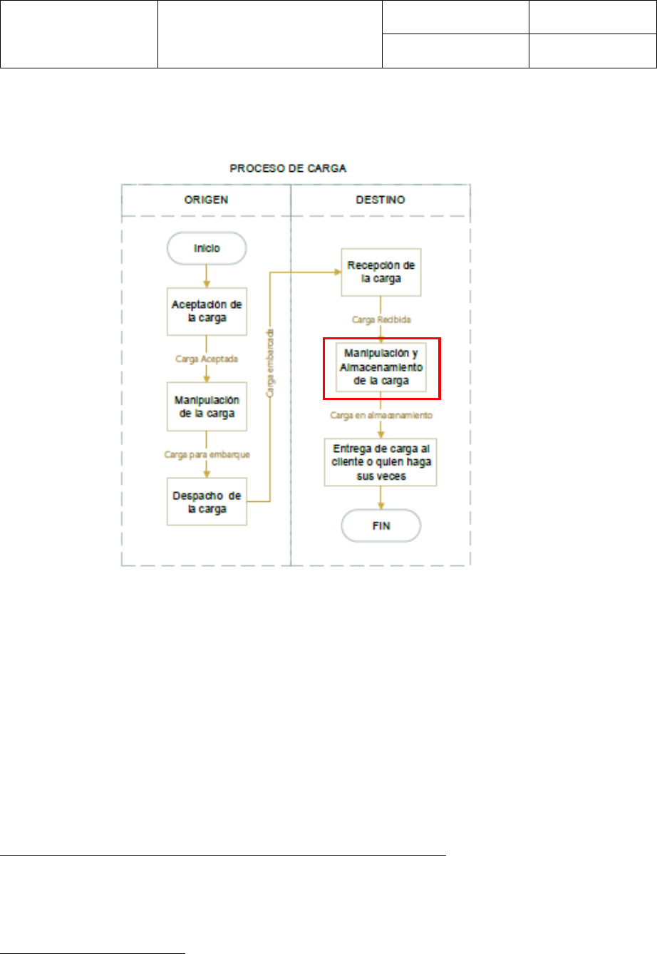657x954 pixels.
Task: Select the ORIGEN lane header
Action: [206, 200]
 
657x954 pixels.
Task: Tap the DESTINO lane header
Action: [381, 200]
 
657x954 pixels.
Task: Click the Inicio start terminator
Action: [207, 249]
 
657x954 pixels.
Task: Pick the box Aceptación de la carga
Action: [207, 311]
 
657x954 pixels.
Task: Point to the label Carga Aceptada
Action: [207, 359]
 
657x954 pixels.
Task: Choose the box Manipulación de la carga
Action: [207, 406]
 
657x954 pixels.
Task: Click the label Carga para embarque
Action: [207, 454]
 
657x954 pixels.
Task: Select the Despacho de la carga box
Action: [207, 502]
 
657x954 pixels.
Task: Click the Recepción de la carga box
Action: [381, 272]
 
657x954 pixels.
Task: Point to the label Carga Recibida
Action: [381, 320]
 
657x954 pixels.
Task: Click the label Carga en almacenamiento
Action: [381, 414]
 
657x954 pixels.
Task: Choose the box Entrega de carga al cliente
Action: [381, 461]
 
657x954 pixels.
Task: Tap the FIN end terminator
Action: [381, 527]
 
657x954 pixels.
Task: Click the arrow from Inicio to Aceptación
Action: [207, 276]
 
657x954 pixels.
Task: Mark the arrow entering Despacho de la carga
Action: [207, 470]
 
